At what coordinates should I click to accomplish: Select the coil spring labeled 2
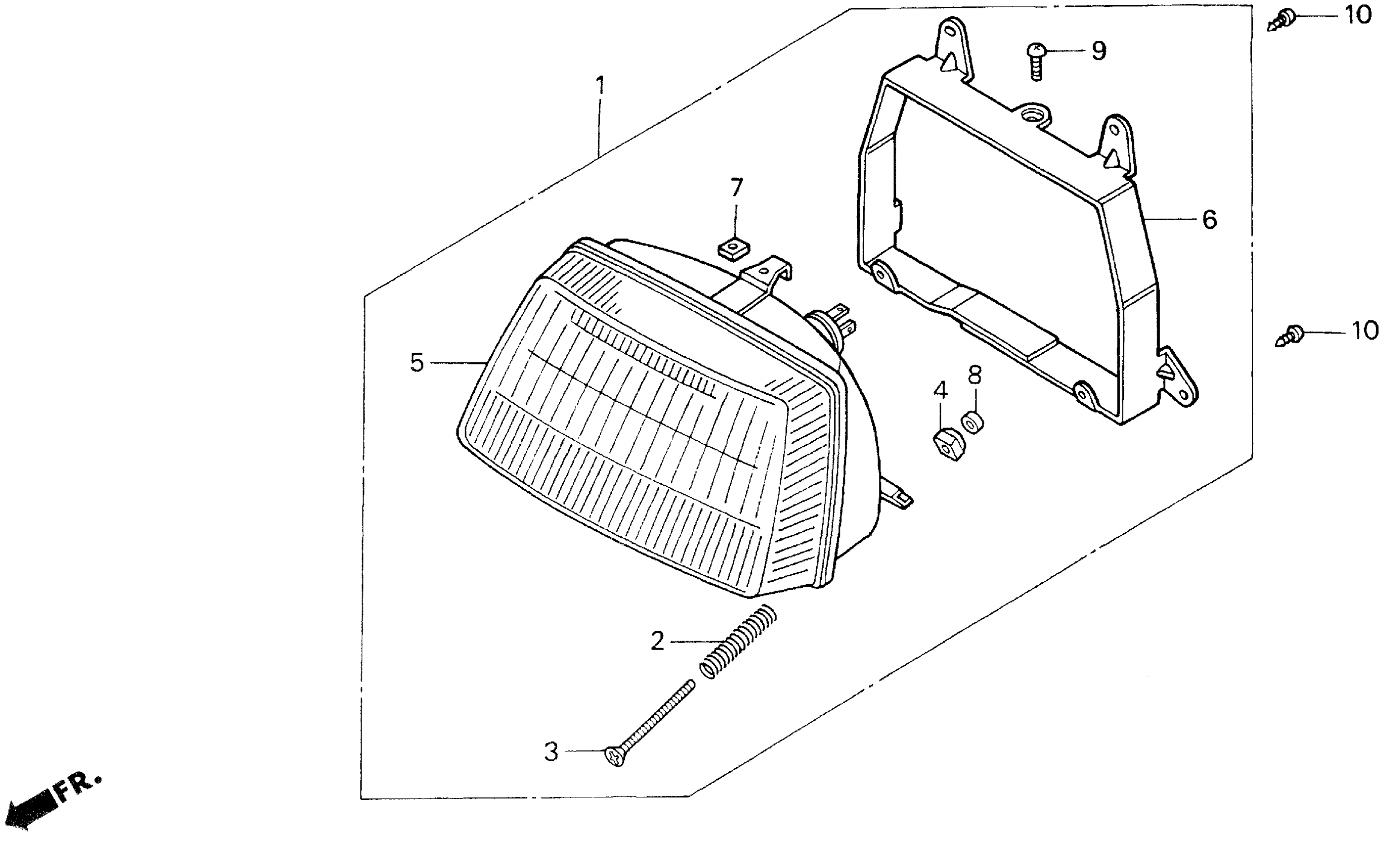click(x=738, y=641)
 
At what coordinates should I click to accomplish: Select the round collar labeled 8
click(x=972, y=421)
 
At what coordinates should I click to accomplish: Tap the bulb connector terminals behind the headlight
click(x=841, y=319)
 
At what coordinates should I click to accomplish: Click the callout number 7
click(x=737, y=188)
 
